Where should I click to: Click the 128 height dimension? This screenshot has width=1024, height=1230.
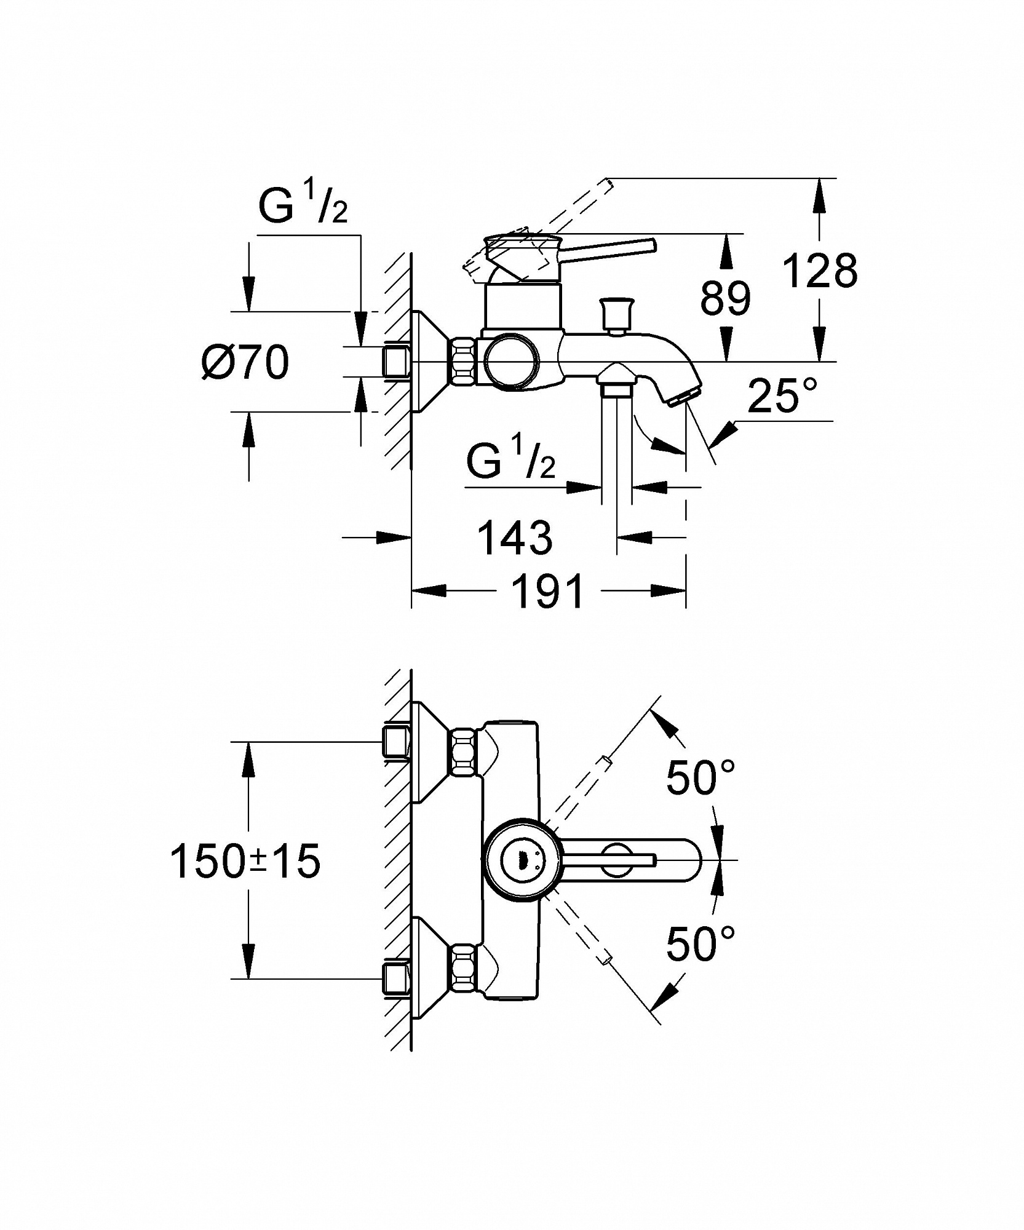820,271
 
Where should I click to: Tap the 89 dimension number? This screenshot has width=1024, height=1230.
726,298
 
